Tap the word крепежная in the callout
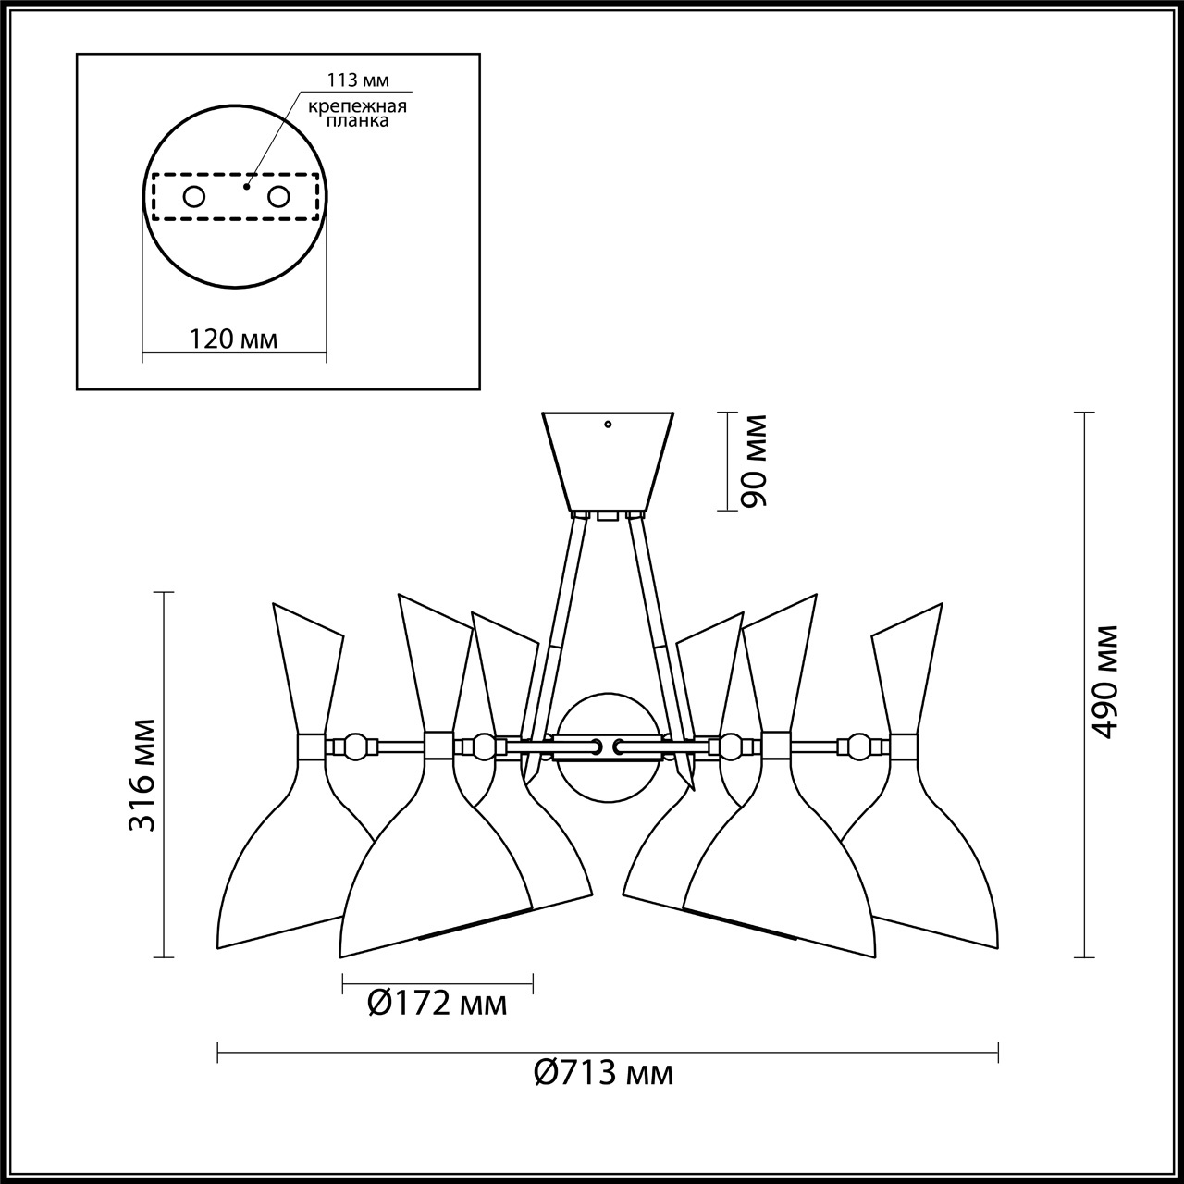[358, 105]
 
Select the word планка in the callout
[358, 120]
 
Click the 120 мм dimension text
[233, 339]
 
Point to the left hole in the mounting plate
[194, 196]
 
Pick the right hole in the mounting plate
[278, 196]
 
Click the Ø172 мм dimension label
[438, 1003]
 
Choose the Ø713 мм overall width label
[604, 1073]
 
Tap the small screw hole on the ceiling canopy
[608, 425]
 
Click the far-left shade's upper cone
[308, 671]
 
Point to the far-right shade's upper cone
[906, 671]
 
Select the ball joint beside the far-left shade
[354, 746]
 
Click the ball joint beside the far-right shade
[860, 746]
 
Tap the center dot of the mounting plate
[245, 186]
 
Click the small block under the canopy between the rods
[607, 516]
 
